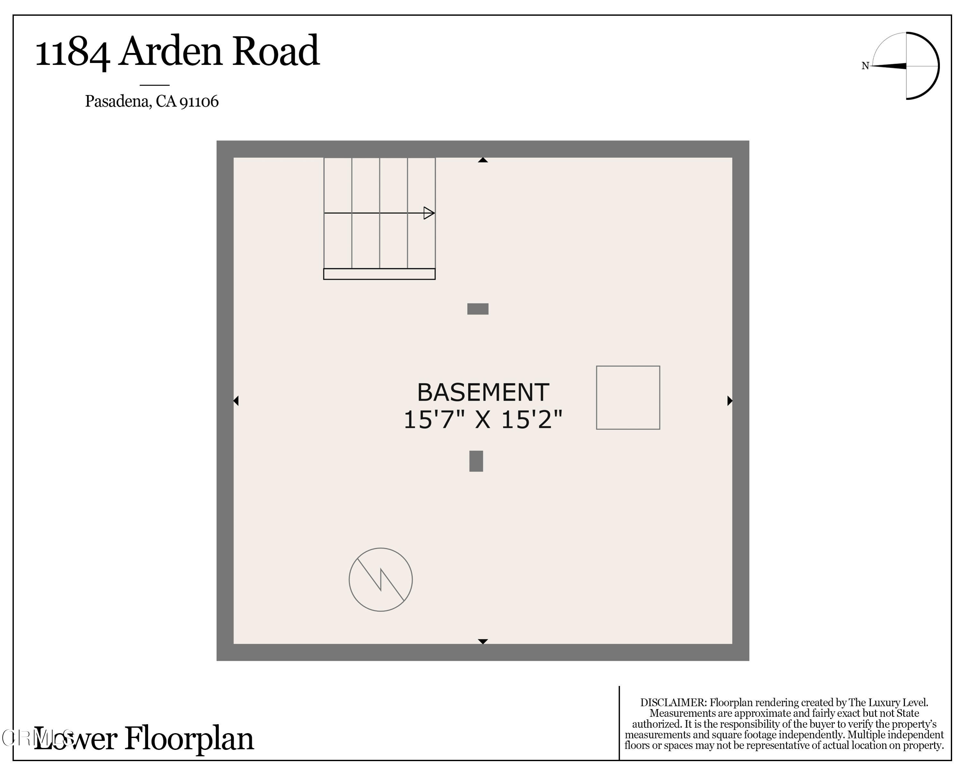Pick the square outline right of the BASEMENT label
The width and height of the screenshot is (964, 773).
(x=628, y=397)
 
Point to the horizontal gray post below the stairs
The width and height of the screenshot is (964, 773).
(x=478, y=309)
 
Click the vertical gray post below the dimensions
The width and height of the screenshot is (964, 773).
(x=476, y=461)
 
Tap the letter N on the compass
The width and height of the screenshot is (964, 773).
(x=865, y=66)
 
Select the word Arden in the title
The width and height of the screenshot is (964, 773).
(x=170, y=51)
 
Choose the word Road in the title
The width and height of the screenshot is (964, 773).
(x=276, y=51)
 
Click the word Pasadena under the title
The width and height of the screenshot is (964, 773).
(x=118, y=102)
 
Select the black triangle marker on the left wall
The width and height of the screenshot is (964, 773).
(x=236, y=401)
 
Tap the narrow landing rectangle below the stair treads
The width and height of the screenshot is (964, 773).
(x=379, y=274)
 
